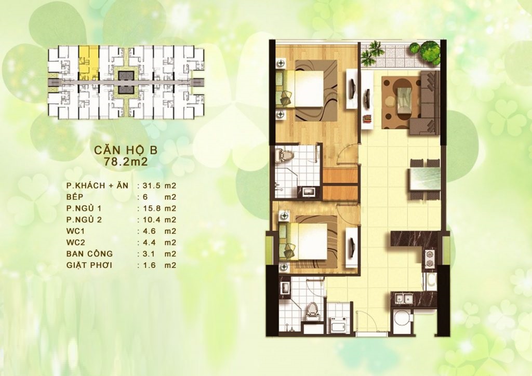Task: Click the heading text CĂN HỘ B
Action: pos(126,150)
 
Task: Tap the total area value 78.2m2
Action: pos(126,162)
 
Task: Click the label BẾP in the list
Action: pos(75,197)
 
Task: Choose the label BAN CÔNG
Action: pos(89,253)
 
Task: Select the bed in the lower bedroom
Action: pos(303,241)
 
